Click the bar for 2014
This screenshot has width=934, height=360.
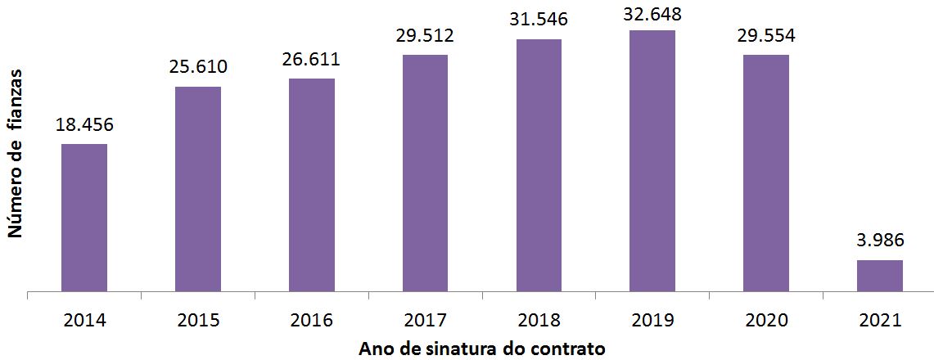point(84,217)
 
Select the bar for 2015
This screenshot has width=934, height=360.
point(198,188)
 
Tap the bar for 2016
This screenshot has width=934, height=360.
point(312,184)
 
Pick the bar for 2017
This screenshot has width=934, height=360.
point(425,172)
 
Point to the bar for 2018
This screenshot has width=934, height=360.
point(539,164)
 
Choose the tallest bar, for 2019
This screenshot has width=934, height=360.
point(652,160)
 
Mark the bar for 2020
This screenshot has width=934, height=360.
point(766,172)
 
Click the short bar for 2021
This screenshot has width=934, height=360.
point(880,275)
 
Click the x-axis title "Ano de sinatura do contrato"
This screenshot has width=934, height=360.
point(481,349)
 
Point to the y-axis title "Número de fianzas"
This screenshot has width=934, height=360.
point(15,155)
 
